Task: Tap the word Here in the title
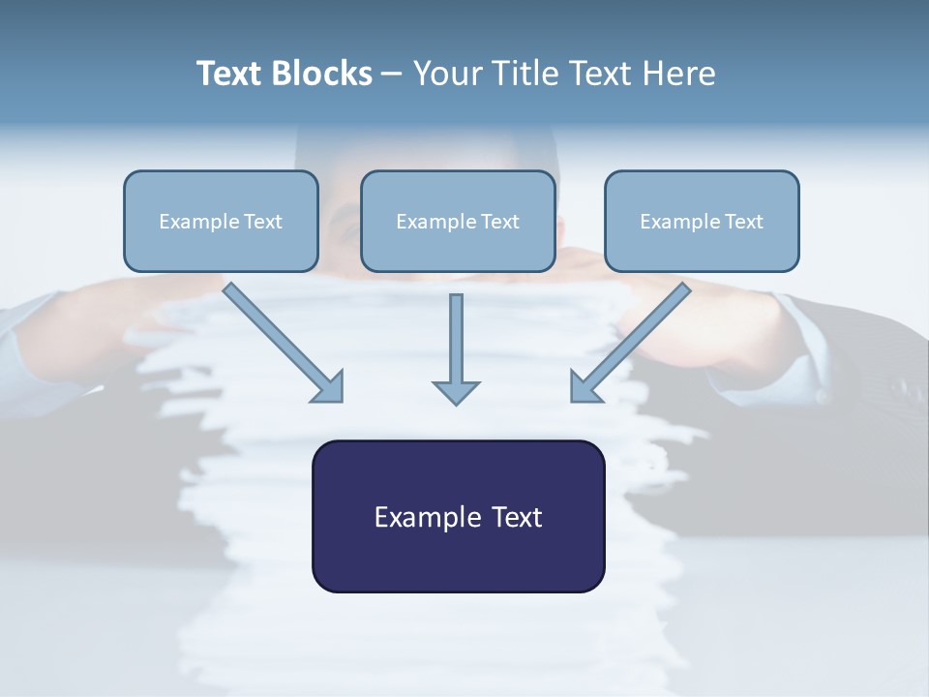point(681,74)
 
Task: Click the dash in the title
point(393,75)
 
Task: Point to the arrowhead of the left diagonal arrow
point(329,386)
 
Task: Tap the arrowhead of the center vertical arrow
point(456,392)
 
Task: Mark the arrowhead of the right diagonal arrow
point(584,386)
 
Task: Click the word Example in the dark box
point(427,517)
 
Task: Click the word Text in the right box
point(744,222)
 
